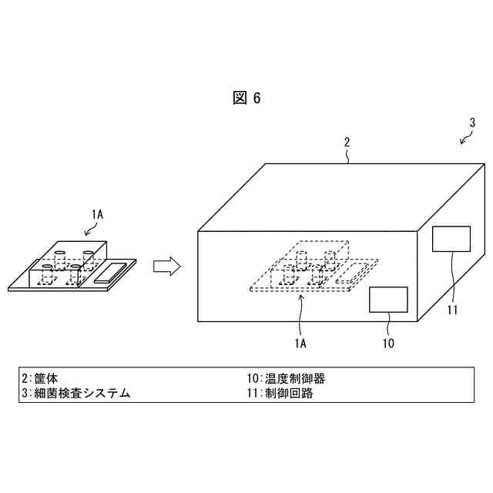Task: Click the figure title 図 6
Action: pyautogui.click(x=246, y=98)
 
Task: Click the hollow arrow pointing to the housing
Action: pyautogui.click(x=166, y=267)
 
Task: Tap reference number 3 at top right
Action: pyautogui.click(x=472, y=122)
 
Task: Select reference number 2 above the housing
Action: pyautogui.click(x=347, y=143)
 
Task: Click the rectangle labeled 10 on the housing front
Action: pyautogui.click(x=388, y=299)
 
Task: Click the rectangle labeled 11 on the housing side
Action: pyautogui.click(x=451, y=239)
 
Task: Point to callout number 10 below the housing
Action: pyautogui.click(x=387, y=343)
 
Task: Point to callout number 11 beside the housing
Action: pyautogui.click(x=452, y=310)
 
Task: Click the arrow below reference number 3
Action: pyautogui.click(x=466, y=139)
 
